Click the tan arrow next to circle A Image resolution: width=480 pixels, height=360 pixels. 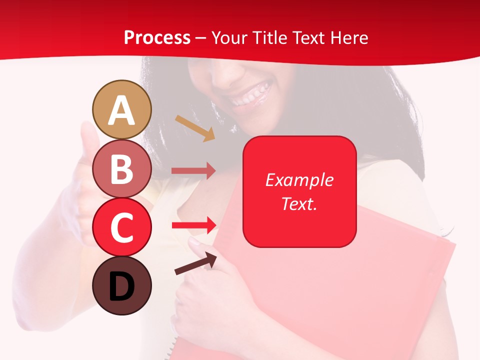point(195,128)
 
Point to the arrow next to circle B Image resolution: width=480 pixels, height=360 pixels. point(193,171)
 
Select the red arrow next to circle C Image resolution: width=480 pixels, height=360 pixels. point(194,225)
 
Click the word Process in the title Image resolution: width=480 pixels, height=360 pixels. point(157,38)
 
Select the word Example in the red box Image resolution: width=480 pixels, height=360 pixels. point(299,180)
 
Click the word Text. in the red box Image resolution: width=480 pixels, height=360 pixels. point(299,203)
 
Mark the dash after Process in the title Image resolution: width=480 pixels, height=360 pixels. point(201,38)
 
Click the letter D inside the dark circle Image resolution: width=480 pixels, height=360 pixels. point(121,287)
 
